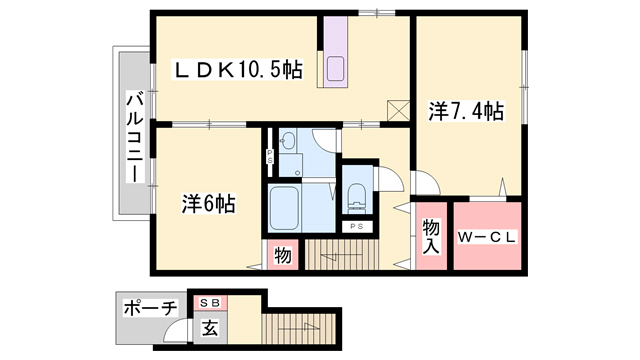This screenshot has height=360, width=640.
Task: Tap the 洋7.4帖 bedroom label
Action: tap(466, 112)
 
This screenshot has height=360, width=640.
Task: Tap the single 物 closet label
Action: tap(282, 256)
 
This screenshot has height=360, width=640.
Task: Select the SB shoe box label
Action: tap(211, 303)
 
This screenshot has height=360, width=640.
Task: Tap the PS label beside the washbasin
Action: tap(269, 156)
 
